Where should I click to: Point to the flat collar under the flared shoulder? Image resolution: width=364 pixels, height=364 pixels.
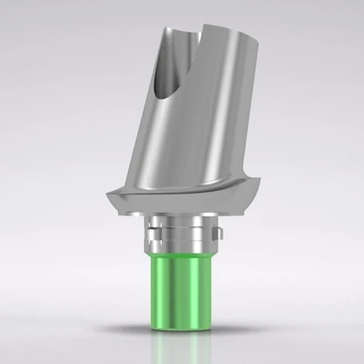tap(182, 217)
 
